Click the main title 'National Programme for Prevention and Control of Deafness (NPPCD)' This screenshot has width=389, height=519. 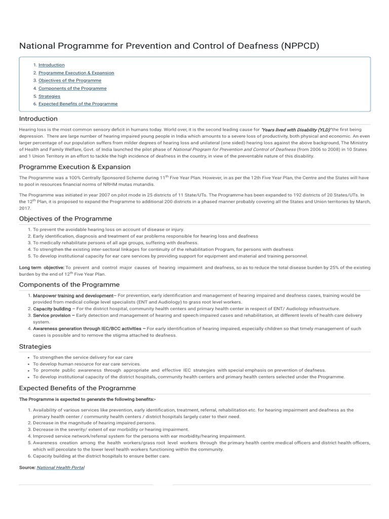169,46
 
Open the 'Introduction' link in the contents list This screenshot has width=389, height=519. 51,65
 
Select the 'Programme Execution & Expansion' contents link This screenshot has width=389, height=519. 76,72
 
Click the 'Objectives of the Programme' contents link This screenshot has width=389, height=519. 69,80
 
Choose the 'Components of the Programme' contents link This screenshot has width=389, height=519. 72,88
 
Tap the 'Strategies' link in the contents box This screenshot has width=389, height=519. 49,96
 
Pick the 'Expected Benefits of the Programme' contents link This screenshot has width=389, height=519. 78,103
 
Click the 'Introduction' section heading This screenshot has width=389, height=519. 38,119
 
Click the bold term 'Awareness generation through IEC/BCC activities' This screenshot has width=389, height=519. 87,328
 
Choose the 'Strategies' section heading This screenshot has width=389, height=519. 35,347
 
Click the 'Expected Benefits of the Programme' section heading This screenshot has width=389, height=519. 77,388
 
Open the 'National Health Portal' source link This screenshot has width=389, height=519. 60,467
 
